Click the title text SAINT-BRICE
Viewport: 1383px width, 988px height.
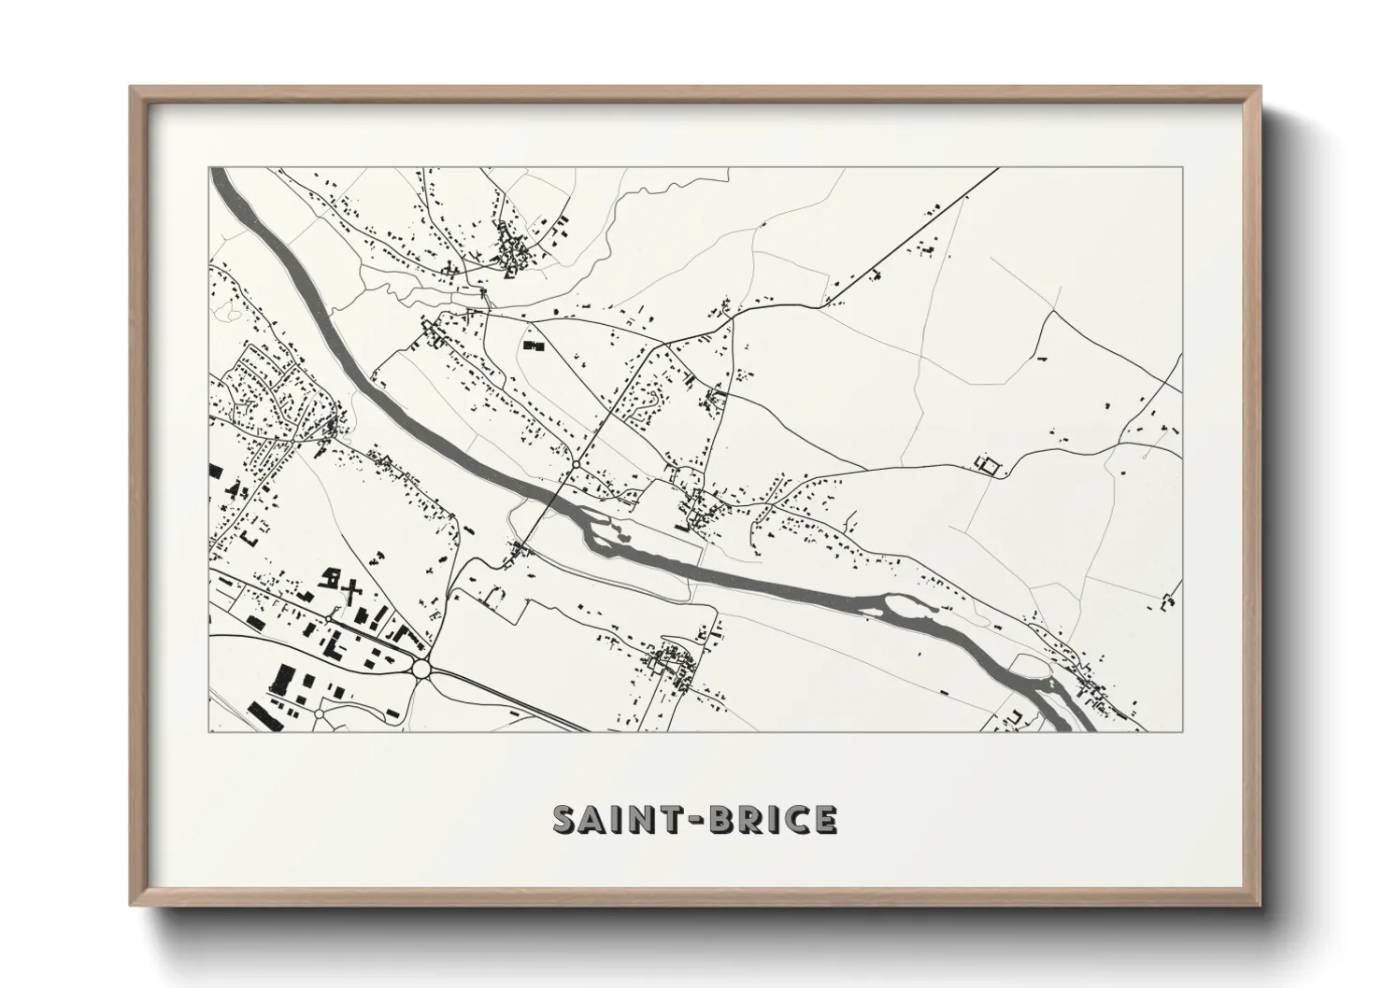(694, 818)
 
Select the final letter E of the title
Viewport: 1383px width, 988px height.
(824, 819)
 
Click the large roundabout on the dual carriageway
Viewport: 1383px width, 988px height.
(421, 669)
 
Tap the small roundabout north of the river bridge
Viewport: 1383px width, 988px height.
(577, 463)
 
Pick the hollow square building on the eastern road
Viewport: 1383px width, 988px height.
(987, 464)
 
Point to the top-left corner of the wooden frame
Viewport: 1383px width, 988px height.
(132, 88)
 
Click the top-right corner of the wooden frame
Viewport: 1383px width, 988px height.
(1261, 88)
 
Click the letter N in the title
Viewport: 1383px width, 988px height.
(641, 819)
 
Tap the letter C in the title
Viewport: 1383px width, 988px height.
(794, 819)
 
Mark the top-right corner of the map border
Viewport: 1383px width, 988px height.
(1184, 168)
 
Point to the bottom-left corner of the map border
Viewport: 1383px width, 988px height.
(209, 732)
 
